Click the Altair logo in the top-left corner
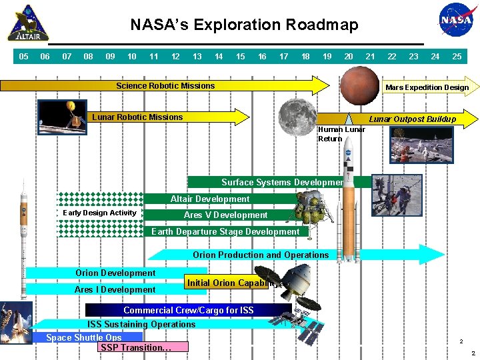[x=27, y=23]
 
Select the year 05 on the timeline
[x=23, y=56]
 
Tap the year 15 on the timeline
[x=241, y=56]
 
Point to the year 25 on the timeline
[x=457, y=56]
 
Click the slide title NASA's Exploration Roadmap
[x=244, y=25]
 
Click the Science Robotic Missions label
[x=165, y=86]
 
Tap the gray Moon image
[x=297, y=117]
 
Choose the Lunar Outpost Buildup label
[x=413, y=119]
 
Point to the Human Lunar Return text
[x=341, y=134]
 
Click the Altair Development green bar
[x=210, y=199]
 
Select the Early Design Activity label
[x=99, y=213]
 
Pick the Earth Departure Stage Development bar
[x=225, y=232]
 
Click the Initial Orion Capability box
[x=227, y=283]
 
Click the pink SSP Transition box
[x=143, y=347]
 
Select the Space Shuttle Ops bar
[x=84, y=337]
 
